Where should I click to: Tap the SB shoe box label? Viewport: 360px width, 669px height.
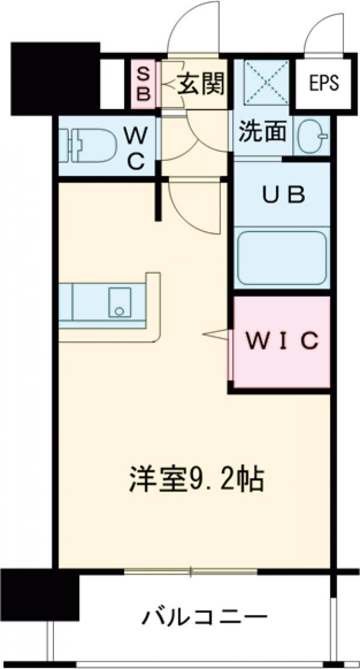pos(144,84)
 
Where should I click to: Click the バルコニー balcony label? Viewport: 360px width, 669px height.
pos(204,617)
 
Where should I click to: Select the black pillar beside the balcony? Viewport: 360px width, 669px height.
pos(40,595)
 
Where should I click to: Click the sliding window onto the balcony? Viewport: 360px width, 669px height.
pos(191,571)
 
